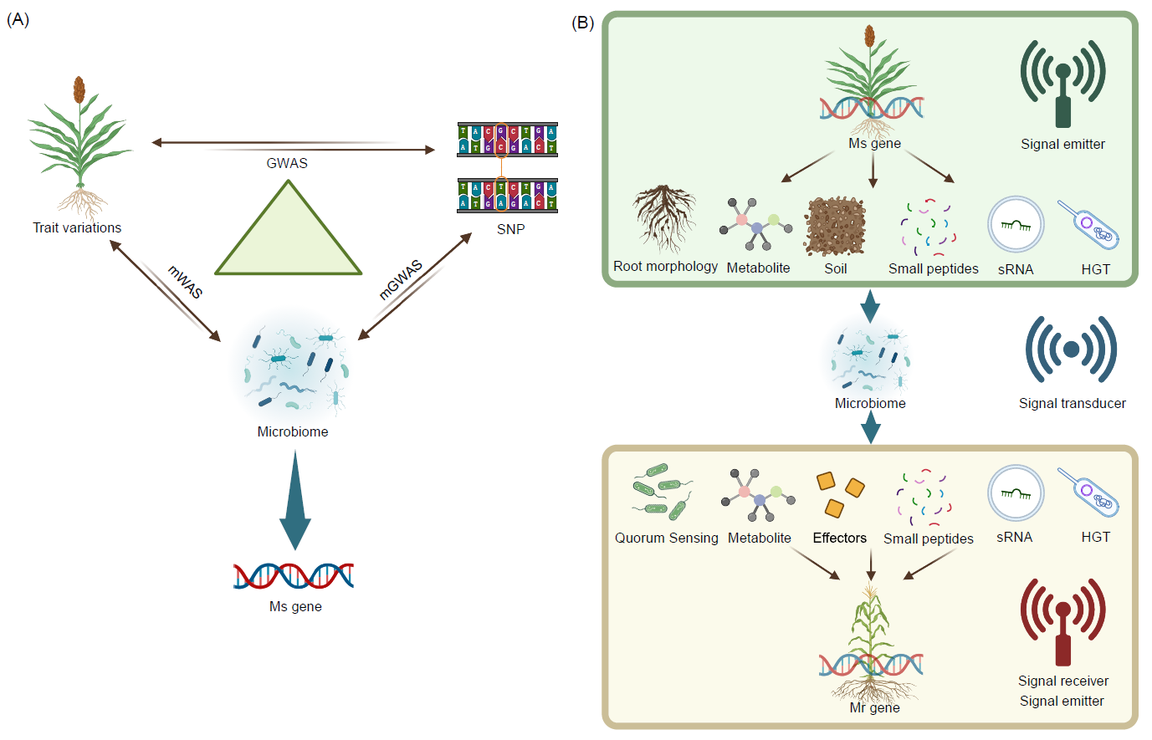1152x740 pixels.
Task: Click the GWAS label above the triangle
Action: pos(287,163)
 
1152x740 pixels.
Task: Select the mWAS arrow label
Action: pos(185,282)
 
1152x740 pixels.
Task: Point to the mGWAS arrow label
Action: pos(401,279)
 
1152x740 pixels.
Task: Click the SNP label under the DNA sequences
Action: pos(510,229)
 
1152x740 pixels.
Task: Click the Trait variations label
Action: pos(77,227)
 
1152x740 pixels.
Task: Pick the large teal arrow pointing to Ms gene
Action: pos(294,502)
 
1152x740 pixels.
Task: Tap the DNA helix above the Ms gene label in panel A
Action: pos(294,576)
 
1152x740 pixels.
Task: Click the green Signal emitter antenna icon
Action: pos(1062,84)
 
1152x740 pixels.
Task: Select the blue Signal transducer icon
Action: pos(1071,350)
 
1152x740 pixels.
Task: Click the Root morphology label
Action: pos(665,266)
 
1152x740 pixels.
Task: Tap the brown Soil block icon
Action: pos(834,227)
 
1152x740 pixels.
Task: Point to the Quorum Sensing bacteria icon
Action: pos(663,492)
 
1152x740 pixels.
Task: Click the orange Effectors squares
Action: pos(839,494)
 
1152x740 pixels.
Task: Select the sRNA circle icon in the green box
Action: pos(1016,225)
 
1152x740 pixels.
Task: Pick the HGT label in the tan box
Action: pos(1095,537)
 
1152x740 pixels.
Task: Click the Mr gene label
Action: pos(874,707)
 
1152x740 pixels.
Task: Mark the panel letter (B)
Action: pos(582,23)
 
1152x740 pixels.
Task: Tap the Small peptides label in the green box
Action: pos(933,268)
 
